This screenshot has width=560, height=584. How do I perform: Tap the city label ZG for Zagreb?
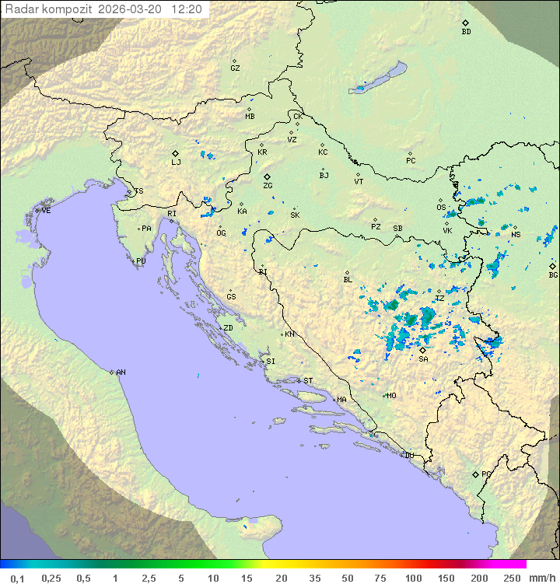[x=268, y=186]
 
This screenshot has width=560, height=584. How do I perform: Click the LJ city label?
[x=176, y=163]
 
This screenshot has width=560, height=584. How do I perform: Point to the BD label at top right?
[x=466, y=32]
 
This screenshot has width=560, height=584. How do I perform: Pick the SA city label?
[x=423, y=359]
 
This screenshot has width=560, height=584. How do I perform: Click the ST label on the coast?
[x=308, y=381]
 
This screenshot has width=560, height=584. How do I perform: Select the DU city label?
[x=408, y=456]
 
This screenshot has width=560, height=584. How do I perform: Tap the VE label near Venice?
[x=46, y=211]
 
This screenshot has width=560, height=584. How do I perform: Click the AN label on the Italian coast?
[x=121, y=372]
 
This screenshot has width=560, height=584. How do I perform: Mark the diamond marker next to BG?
[x=552, y=266]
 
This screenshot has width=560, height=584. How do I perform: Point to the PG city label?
[x=486, y=474]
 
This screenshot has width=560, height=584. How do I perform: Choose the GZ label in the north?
[x=235, y=68]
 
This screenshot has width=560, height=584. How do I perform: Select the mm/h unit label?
[x=539, y=578]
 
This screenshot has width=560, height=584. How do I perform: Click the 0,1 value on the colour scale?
[x=17, y=578]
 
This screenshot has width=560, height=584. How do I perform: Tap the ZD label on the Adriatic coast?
[x=228, y=328]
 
